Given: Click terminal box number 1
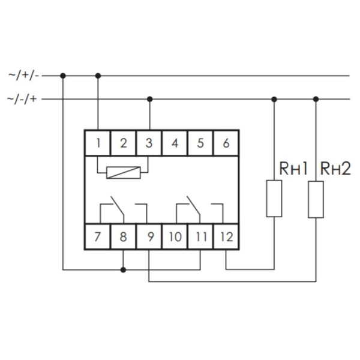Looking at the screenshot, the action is click(x=98, y=143).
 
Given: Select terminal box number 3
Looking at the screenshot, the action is click(x=149, y=143).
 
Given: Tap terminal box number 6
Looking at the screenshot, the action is click(x=226, y=143).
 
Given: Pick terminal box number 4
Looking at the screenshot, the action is click(x=175, y=143).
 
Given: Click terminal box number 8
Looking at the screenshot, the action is click(x=123, y=236).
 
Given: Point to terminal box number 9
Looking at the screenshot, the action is click(x=149, y=236).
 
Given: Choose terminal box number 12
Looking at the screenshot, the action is click(x=226, y=236).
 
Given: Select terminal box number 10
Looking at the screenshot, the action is click(x=175, y=236).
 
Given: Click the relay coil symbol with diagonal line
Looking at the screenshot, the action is click(x=124, y=172).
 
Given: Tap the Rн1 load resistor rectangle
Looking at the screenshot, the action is click(x=274, y=199).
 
